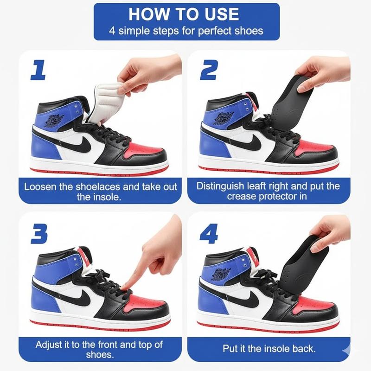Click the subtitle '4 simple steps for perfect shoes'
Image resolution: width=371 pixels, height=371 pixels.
point(186,32)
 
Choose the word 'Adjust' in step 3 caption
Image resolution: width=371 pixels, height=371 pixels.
point(48,345)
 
